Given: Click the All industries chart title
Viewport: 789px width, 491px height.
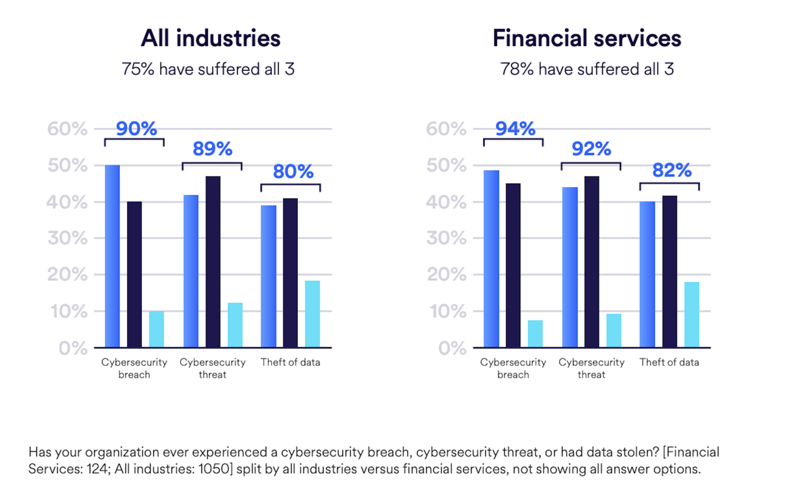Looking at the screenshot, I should coord(211,38).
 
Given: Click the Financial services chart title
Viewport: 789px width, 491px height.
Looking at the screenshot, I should coord(587,38).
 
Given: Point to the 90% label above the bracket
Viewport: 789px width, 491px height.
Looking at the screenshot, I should coord(137,129).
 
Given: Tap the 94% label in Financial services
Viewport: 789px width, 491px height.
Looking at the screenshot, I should coord(515,129).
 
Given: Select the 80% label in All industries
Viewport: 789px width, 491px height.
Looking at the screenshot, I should coord(293,172).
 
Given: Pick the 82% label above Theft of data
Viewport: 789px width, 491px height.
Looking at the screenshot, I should coord(672,170).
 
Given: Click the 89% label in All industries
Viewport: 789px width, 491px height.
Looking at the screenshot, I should coord(213,149).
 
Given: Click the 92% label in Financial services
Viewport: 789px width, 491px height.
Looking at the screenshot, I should coord(591,149).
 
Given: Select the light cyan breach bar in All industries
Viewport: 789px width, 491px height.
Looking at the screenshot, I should coord(156,329).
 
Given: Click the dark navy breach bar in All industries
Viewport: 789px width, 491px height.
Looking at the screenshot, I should coord(134,274).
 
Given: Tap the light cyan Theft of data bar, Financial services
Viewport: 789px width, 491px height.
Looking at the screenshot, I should coord(691,315).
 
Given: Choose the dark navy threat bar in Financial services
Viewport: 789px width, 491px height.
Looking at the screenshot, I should coord(592,262).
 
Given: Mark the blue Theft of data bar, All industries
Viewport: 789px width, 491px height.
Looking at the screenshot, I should coord(269,276).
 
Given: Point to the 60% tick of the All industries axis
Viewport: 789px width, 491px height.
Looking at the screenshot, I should coord(67,129).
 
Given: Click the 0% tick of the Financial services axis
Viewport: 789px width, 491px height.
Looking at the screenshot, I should coord(452,348).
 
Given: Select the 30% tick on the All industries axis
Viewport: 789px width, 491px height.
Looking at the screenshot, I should coord(67,238).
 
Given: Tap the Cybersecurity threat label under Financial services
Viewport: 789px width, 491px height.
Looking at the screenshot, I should coord(591,368).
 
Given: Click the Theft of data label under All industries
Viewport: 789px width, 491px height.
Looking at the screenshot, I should coord(290,362).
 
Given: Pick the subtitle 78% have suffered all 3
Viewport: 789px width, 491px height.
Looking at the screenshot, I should coord(587,69).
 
